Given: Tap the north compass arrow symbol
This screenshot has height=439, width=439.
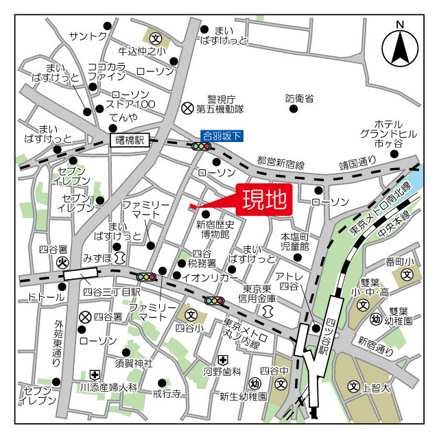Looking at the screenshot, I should pos(400,45).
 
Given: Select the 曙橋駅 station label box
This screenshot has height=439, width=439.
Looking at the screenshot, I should pos(130,140).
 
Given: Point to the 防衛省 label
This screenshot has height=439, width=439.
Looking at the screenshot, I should pos(299,99).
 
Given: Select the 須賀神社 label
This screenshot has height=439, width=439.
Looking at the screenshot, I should pos(134,362).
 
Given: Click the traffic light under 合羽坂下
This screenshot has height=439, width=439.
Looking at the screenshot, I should pos(202,146).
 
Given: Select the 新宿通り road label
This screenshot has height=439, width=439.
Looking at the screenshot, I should pos(375,345).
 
